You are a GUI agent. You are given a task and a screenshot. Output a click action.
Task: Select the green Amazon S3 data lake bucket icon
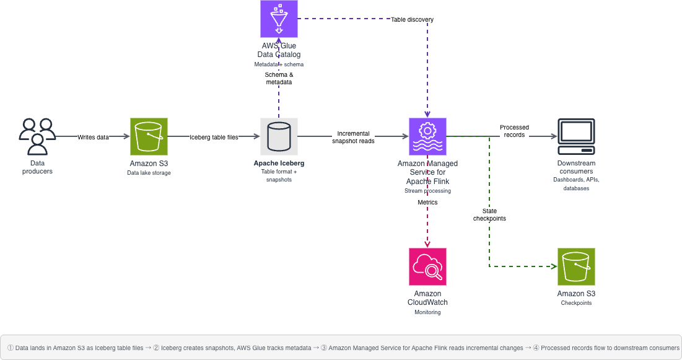(x=149, y=136)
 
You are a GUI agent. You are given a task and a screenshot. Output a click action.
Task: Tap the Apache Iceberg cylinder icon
(x=279, y=136)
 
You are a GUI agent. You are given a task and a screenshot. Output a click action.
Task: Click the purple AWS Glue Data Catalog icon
(x=279, y=19)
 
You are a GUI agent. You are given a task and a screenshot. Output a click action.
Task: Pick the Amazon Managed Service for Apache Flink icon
(x=427, y=136)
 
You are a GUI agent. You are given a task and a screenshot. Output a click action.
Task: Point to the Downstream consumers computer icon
(x=575, y=136)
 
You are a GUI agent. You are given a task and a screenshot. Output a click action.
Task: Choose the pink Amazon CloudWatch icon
(x=427, y=266)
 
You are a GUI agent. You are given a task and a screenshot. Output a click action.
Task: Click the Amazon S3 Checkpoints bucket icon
(x=576, y=266)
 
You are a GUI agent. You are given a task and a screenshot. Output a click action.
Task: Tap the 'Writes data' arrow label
(x=93, y=137)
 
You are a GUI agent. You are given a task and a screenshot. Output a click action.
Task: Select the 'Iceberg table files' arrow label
(x=214, y=137)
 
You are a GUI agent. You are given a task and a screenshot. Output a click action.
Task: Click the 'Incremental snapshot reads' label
(x=353, y=137)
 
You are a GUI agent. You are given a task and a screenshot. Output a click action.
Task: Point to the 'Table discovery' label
(x=412, y=19)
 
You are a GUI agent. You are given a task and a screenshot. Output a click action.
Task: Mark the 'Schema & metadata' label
(x=279, y=78)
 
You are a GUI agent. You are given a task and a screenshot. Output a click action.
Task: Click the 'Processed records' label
(x=514, y=131)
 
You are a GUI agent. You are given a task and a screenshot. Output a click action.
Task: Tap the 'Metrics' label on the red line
(x=427, y=202)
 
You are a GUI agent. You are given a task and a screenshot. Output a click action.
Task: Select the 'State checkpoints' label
(x=489, y=214)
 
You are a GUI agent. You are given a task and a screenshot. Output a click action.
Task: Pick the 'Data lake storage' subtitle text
(x=149, y=173)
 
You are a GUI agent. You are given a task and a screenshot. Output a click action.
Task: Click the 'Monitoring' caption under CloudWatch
(x=427, y=312)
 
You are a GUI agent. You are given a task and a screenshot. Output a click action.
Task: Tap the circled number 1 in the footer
(x=10, y=348)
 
